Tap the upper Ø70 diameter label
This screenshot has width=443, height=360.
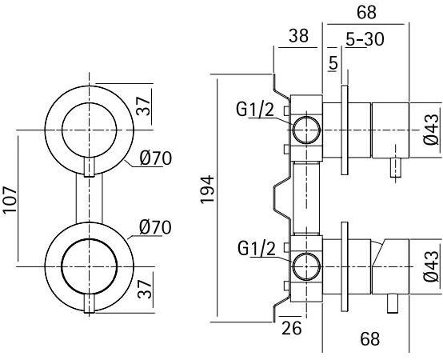pyautogui.click(x=155, y=158)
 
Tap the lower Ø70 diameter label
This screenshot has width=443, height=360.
pyautogui.click(x=155, y=227)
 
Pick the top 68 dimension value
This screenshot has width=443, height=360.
pyautogui.click(x=367, y=14)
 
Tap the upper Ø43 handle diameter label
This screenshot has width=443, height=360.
pyautogui.click(x=431, y=128)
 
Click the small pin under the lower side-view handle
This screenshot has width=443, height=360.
pyautogui.click(x=393, y=304)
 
